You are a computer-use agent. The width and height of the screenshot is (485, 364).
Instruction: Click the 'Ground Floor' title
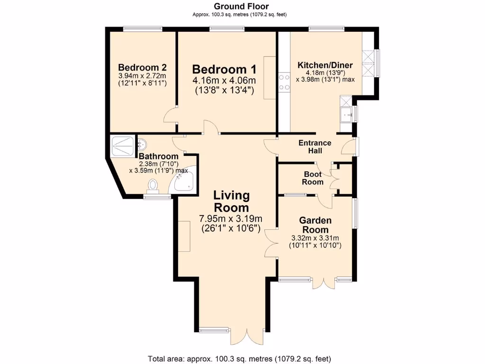point(241,6)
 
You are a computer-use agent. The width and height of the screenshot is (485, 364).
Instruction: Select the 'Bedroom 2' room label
point(142,67)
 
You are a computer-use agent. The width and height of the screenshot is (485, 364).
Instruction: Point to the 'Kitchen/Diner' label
point(323,65)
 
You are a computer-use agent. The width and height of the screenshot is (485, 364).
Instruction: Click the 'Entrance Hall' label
point(314,146)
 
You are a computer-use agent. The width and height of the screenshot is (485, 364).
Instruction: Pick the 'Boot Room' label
point(313,178)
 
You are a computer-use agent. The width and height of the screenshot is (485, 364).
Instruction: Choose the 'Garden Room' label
point(315,225)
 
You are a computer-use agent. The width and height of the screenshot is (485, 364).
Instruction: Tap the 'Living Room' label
point(231,201)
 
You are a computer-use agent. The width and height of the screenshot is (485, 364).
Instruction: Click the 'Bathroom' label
point(158,156)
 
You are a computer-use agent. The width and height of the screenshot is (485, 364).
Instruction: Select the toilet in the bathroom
point(153,185)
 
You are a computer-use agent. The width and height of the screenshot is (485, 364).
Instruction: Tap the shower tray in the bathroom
point(122,146)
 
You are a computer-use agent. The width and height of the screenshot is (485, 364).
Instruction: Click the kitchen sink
point(346,114)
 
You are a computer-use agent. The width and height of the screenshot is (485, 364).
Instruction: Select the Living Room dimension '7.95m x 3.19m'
point(231,218)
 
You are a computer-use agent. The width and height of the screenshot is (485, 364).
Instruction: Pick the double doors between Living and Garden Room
point(271,243)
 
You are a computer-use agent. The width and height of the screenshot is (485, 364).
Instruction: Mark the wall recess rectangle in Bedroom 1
point(269,78)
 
